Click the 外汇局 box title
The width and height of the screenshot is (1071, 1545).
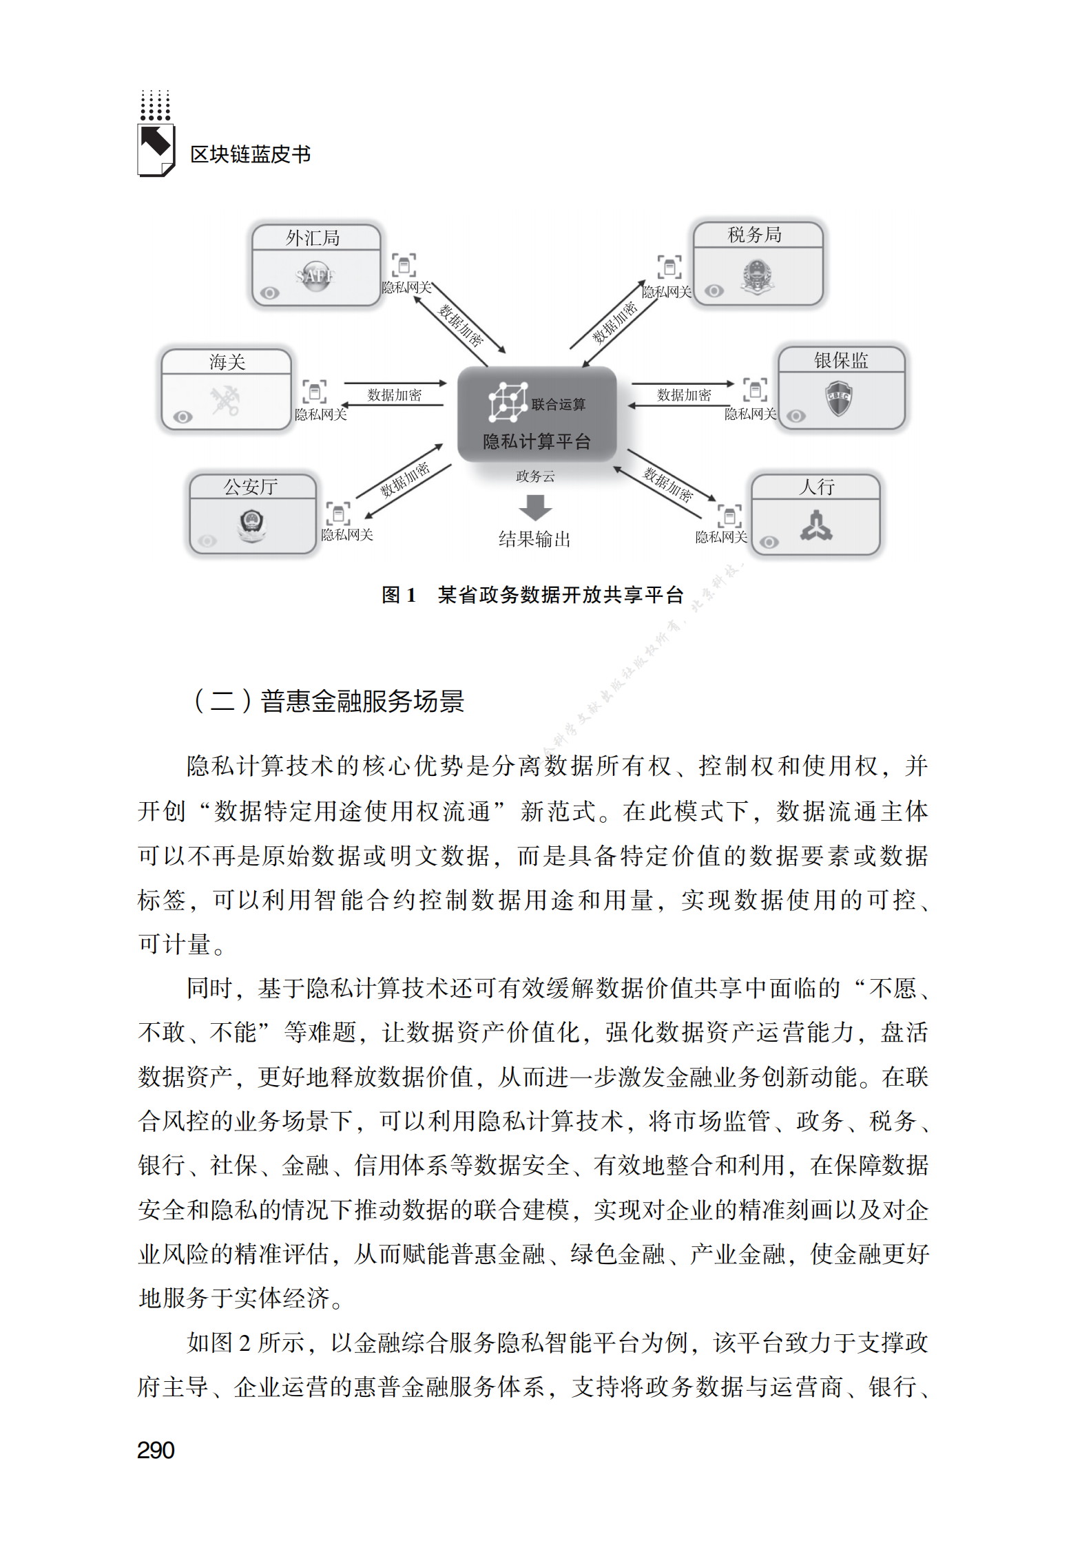coord(313,238)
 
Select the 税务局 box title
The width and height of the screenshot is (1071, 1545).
coord(755,235)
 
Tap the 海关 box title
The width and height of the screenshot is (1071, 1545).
coord(227,362)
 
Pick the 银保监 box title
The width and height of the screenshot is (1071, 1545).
coord(840,360)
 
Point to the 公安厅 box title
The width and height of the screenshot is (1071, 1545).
coord(251,487)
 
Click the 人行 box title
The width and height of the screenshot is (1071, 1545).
coord(816,487)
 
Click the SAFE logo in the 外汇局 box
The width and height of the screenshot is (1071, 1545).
coord(315,276)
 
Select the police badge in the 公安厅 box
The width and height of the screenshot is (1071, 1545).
coord(251,525)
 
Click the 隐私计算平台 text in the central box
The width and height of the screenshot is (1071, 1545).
coord(537,441)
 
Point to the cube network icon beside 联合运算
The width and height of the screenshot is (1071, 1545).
coord(508,401)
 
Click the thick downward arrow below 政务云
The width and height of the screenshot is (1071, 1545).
coord(535,507)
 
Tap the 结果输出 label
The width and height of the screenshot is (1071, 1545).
coord(534,539)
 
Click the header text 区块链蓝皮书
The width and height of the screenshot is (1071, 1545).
coord(250,154)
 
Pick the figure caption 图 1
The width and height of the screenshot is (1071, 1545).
coord(399,595)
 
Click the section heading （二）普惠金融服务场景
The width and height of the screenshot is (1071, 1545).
coord(328,702)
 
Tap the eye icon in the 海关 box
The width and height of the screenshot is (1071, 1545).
coord(183,417)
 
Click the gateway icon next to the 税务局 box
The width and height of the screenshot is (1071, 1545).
coord(669,266)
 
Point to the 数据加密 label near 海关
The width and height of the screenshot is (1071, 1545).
coord(394,395)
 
